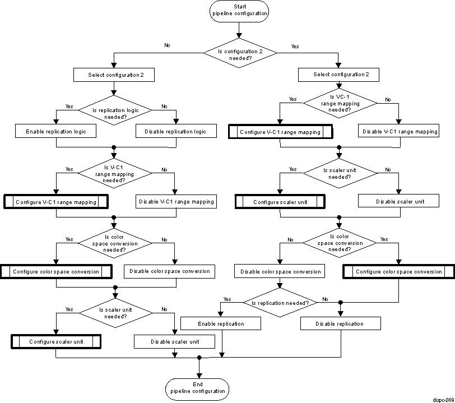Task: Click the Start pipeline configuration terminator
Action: point(240,11)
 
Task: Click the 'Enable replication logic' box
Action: point(56,132)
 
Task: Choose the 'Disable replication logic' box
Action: point(175,132)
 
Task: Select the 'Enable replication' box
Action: point(221,324)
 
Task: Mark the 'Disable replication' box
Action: point(340,323)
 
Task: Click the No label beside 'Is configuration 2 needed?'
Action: point(167,45)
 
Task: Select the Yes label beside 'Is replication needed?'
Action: point(227,299)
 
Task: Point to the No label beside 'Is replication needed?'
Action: point(325,299)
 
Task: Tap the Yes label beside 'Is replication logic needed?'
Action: point(69,106)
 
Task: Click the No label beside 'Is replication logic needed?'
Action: point(164,106)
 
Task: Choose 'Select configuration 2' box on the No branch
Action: point(114,75)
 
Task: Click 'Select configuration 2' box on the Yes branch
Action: point(338,75)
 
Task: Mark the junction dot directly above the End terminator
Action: point(199,357)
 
